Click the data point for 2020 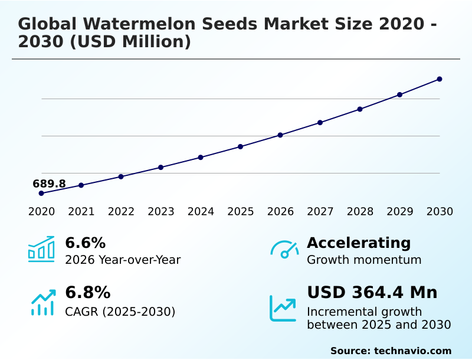[41, 193]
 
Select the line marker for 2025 [241, 146]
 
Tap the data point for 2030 [440, 79]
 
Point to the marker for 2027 [320, 123]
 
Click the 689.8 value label [49, 184]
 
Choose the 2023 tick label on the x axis [161, 212]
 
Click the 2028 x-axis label [360, 212]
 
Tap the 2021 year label [81, 212]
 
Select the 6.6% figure [85, 243]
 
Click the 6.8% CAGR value [87, 293]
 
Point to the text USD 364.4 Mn [372, 293]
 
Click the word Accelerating [359, 243]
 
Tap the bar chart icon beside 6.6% [41, 249]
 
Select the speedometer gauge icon [284, 249]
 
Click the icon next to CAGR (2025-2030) [42, 302]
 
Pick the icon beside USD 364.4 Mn [283, 308]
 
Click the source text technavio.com [412, 351]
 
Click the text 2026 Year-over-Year [123, 260]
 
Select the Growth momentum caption [364, 260]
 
